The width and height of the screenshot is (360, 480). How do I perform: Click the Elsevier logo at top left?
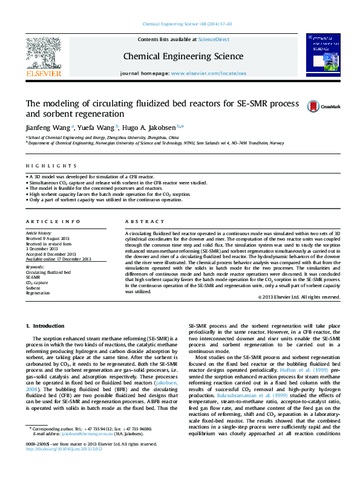pos(43,57)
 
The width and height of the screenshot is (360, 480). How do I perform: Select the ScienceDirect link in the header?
pos(214,39)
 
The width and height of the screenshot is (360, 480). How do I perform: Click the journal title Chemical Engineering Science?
pos(183,57)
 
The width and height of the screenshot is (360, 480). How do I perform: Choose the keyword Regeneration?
pos(38,293)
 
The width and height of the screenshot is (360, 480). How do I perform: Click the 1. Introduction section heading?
pos(48,326)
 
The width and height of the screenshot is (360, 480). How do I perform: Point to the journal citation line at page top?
pos(186,24)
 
